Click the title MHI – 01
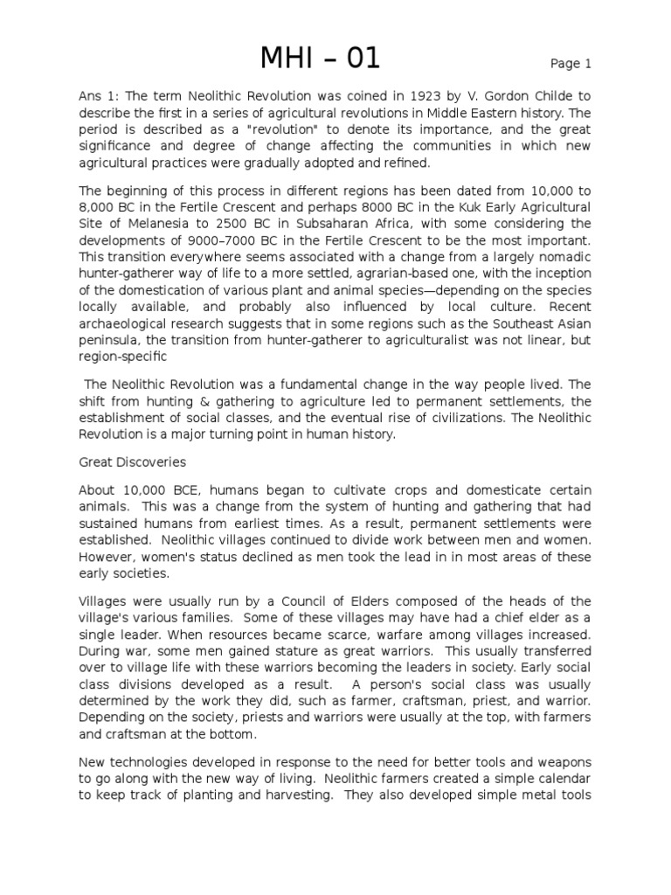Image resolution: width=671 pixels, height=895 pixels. click(x=320, y=59)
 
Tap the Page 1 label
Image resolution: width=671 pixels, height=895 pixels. click(x=571, y=64)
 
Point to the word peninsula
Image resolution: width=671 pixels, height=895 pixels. click(x=109, y=338)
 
